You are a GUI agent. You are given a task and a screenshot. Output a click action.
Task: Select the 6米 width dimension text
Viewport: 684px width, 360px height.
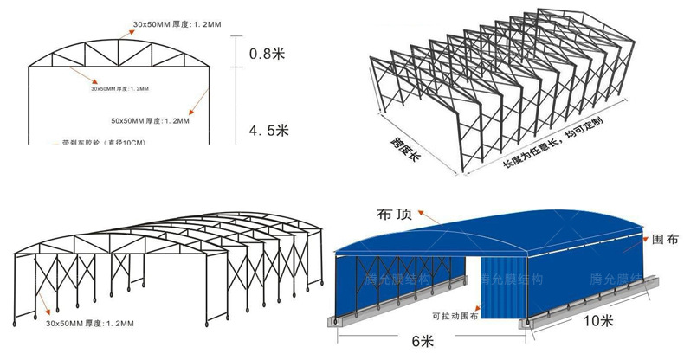click(x=423, y=341)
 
